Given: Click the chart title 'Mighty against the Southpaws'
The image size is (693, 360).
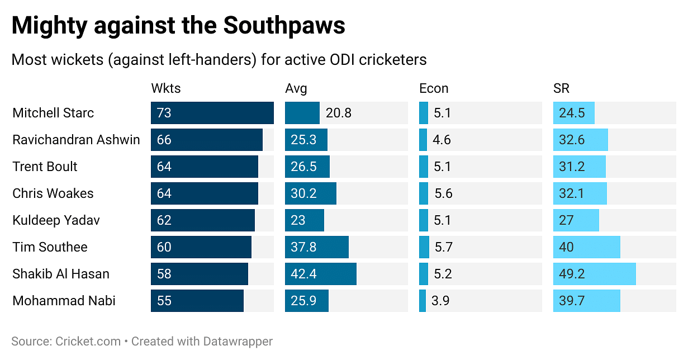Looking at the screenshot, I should click(x=178, y=26).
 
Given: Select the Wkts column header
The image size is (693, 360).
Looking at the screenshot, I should click(x=166, y=88).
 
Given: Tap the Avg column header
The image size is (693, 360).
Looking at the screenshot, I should click(x=296, y=88).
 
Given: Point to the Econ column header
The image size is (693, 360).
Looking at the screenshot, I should click(x=434, y=88).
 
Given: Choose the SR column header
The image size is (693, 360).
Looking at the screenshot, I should click(x=561, y=88).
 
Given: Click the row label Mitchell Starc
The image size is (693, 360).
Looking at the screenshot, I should click(x=53, y=113).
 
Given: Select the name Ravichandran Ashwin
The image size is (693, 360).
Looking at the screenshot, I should click(x=76, y=140).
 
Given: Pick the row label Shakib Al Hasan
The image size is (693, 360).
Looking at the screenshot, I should click(x=61, y=274).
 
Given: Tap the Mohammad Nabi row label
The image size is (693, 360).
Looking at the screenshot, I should click(x=64, y=301).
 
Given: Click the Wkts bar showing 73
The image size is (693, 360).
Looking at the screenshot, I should click(x=212, y=113).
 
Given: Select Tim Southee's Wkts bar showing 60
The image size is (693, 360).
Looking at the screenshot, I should click(x=201, y=247).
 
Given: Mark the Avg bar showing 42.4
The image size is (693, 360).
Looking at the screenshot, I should click(x=320, y=274).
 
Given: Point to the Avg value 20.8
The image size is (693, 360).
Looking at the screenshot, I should click(x=339, y=113).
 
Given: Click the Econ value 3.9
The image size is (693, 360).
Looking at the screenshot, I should click(x=442, y=301).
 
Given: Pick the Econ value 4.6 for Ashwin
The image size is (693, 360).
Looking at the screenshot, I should click(x=442, y=140).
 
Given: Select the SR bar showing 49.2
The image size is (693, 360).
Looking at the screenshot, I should click(x=594, y=274).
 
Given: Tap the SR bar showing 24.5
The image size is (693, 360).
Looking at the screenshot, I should click(x=573, y=113).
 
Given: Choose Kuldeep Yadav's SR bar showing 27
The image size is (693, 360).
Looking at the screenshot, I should click(x=576, y=220).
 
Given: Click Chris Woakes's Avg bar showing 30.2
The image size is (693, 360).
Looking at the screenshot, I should click(x=310, y=193).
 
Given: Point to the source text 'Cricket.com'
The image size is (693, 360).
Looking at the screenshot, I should click(x=88, y=341).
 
